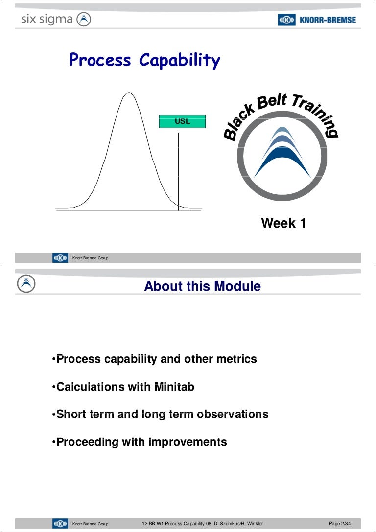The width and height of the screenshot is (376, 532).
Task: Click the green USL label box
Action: pyautogui.click(x=182, y=121)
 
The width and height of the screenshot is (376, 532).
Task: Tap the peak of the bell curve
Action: pyautogui.click(x=129, y=93)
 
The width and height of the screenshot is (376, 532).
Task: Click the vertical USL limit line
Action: pyautogui.click(x=179, y=172)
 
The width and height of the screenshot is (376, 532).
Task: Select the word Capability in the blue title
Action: pyautogui.click(x=180, y=61)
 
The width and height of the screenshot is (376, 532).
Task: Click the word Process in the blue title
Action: pyautogui.click(x=100, y=60)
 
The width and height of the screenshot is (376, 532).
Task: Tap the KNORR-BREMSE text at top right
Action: pyautogui.click(x=328, y=20)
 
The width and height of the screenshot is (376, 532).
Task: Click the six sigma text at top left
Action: pyautogui.click(x=47, y=20)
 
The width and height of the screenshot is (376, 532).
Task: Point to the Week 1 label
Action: pyautogui.click(x=283, y=223)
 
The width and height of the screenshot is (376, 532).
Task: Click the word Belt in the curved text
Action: pyautogui.click(x=272, y=101)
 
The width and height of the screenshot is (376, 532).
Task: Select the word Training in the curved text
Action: pyautogui.click(x=316, y=114)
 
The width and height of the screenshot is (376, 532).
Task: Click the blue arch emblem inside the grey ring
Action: pyautogui.click(x=282, y=152)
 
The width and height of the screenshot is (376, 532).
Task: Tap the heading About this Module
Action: pyautogui.click(x=203, y=286)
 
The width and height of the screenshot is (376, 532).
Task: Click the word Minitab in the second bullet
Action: pyautogui.click(x=174, y=387)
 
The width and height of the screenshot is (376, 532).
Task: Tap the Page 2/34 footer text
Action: pyautogui.click(x=340, y=524)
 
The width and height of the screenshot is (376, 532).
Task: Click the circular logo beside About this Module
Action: pyautogui.click(x=26, y=284)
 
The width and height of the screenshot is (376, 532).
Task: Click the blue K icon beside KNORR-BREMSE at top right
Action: pyautogui.click(x=287, y=20)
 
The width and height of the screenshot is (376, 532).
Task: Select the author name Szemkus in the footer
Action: pyautogui.click(x=229, y=524)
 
